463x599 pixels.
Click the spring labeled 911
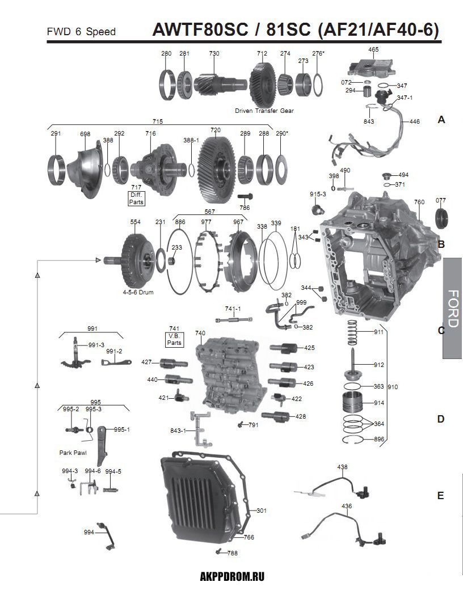352,331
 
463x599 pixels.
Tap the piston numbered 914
353,404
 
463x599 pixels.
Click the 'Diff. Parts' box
137,199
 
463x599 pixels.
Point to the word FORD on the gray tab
453,309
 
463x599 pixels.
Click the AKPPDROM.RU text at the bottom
233,577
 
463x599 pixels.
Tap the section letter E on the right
441,496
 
